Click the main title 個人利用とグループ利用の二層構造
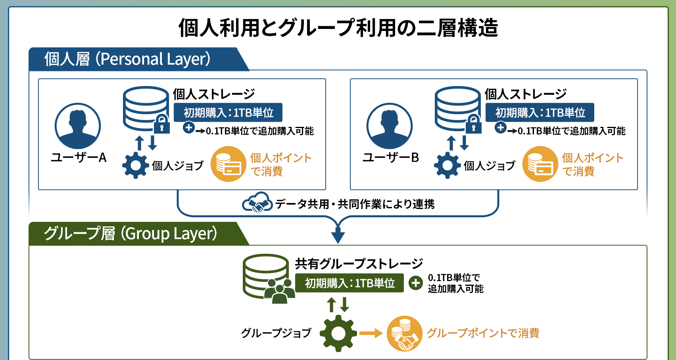338,28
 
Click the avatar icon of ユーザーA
78,126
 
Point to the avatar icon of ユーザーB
390,126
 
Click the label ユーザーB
390,157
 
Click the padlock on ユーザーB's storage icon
473,124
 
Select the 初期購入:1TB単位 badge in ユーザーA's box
228,113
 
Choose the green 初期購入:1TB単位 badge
350,283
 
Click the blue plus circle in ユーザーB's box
501,128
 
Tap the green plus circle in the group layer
416,283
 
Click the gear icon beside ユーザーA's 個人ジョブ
135,165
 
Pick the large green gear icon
338,333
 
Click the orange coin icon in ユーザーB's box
540,164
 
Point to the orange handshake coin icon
404,333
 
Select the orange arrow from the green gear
371,333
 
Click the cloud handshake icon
257,203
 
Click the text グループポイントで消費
483,333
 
